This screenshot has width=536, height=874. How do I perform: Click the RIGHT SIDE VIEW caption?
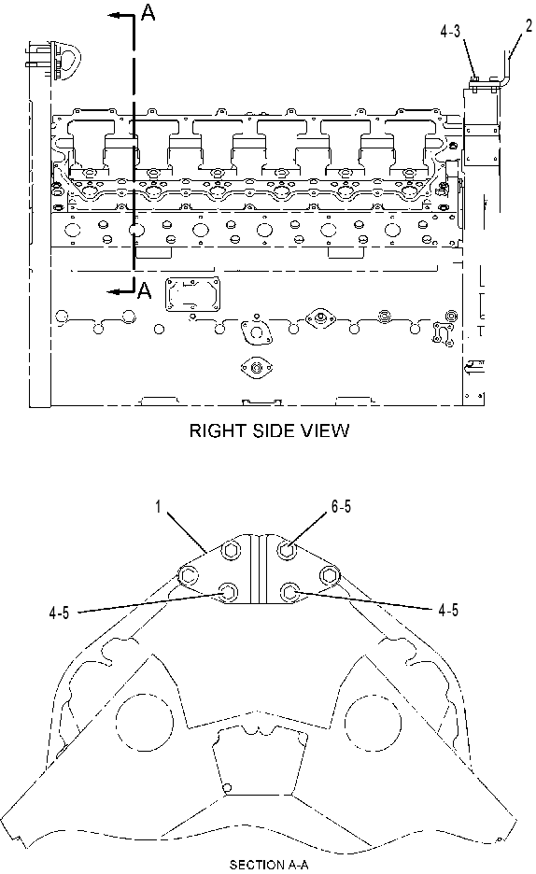(270, 430)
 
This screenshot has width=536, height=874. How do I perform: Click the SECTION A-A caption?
(269, 865)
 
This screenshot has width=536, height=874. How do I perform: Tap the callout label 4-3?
(450, 31)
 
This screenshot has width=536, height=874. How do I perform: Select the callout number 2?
(529, 25)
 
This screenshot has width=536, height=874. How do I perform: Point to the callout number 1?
(158, 507)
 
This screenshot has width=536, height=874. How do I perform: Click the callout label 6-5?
(341, 506)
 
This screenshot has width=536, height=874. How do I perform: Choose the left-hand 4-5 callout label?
(59, 613)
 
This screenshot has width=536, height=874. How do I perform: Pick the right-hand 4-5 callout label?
(448, 611)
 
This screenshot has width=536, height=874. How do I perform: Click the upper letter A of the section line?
(148, 12)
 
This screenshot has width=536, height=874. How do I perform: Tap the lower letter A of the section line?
(145, 289)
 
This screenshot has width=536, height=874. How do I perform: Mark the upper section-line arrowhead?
(114, 16)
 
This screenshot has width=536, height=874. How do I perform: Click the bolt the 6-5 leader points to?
(287, 551)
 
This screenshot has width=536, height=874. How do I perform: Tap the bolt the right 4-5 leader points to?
(289, 591)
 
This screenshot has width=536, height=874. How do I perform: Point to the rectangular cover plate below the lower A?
(192, 294)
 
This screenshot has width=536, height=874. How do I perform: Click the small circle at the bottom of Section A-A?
(227, 787)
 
